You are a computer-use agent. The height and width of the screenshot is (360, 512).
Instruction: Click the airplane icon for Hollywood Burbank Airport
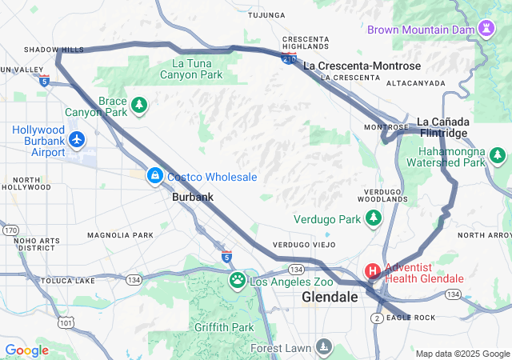77,141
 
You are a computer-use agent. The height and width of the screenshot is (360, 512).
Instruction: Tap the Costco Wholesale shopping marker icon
154,175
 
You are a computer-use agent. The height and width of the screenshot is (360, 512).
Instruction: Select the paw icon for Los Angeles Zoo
238,280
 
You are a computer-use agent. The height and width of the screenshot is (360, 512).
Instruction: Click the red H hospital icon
373,271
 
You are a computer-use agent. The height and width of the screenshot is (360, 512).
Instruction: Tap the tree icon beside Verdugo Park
372,218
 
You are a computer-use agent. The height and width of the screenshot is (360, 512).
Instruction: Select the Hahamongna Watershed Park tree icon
498,154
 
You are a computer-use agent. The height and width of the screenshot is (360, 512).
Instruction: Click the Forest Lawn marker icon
323,346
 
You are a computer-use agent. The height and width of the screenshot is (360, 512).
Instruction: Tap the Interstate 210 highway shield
288,58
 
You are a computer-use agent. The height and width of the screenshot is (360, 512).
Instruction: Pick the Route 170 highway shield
10,230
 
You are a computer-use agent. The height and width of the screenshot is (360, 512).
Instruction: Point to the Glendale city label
330,297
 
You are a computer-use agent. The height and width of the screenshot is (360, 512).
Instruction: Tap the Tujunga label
266,15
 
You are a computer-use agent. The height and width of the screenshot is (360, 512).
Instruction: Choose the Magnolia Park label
120,235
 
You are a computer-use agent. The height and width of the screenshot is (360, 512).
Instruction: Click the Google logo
27,350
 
